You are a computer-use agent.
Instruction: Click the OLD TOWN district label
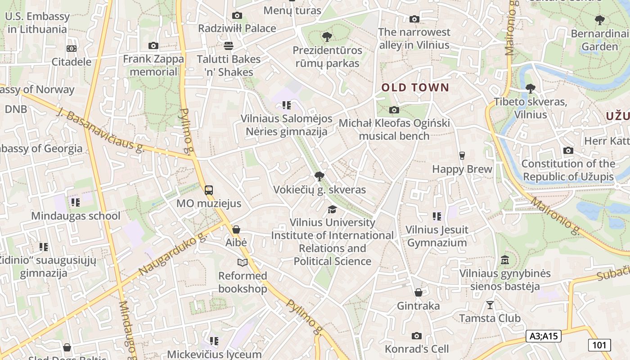click(415, 87)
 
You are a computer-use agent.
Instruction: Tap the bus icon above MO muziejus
click(209, 190)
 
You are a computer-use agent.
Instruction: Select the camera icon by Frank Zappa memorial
click(153, 46)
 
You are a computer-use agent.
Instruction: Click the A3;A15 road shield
click(543, 336)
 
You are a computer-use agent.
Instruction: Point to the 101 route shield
click(599, 345)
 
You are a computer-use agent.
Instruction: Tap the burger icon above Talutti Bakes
click(229, 46)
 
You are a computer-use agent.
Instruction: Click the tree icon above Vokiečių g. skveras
click(319, 176)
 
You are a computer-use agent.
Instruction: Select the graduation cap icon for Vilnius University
click(332, 209)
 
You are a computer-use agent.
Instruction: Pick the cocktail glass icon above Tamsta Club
click(490, 305)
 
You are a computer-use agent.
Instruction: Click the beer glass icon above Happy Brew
click(462, 156)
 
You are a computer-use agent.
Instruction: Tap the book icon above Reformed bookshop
click(243, 262)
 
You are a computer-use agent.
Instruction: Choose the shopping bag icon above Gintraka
click(418, 293)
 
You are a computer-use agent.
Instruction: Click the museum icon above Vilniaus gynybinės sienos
click(505, 260)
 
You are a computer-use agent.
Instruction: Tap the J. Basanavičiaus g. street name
click(101, 130)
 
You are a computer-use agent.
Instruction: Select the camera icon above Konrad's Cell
click(417, 336)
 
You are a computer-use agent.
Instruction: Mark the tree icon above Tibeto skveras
click(530, 88)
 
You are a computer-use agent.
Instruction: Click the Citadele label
click(72, 62)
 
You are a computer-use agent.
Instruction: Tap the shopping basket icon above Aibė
click(236, 229)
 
